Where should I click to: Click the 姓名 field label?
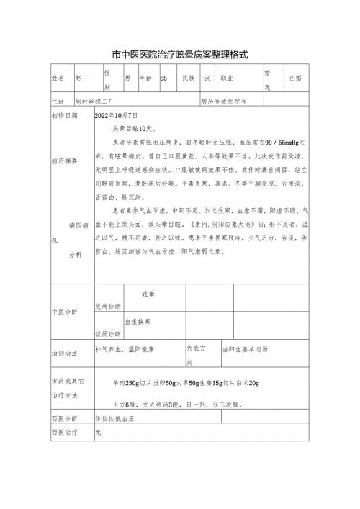tap(58, 78)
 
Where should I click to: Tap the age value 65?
tap(163, 78)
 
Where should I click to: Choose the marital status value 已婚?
tap(295, 78)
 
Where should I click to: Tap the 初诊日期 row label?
tap(64, 115)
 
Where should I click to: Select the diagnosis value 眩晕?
tap(149, 295)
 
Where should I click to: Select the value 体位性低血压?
tap(115, 418)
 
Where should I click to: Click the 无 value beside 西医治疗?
tap(98, 433)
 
